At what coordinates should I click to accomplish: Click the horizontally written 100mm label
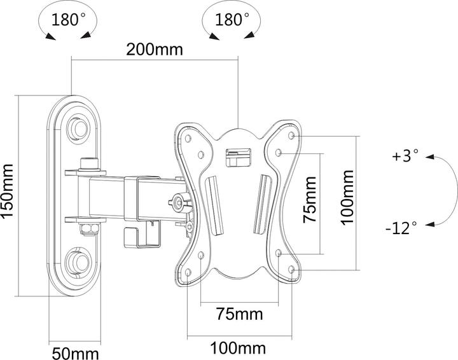[239, 349]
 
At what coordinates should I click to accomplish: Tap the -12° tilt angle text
[402, 225]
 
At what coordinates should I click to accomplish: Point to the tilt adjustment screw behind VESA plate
[178, 204]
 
